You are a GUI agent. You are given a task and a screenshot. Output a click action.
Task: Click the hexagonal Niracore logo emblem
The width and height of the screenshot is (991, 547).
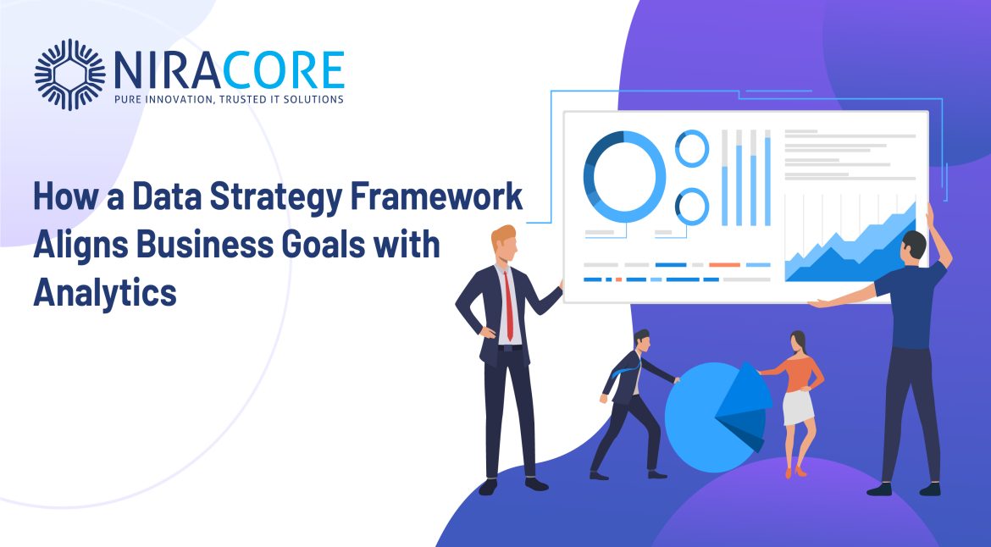click(x=69, y=75)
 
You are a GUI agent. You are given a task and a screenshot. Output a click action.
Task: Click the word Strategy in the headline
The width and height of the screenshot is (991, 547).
click(x=276, y=197)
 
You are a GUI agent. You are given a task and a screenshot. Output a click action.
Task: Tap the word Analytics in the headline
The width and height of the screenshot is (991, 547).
click(x=105, y=293)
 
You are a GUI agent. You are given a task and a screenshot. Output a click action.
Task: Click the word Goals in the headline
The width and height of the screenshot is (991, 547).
click(x=324, y=244)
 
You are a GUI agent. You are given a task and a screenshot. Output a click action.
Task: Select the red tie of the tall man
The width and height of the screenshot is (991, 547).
click(x=509, y=306)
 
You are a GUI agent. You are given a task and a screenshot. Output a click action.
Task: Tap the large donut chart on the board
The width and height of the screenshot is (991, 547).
click(x=623, y=177)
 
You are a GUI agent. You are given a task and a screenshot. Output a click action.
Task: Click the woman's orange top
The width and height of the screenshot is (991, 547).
click(x=795, y=374)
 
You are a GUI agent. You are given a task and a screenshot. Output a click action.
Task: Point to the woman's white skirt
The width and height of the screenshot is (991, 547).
click(x=798, y=408)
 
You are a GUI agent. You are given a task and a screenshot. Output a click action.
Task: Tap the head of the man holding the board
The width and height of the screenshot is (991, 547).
click(x=914, y=245)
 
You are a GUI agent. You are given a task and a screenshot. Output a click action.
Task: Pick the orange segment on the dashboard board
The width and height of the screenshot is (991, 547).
click(x=724, y=265)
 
